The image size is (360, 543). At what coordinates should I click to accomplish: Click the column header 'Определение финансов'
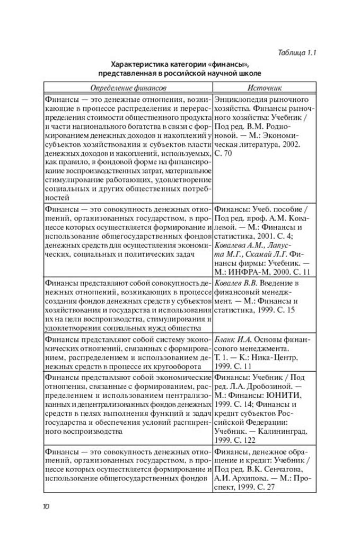[x=128, y=87]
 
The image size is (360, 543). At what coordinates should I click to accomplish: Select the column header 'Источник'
[x=264, y=87]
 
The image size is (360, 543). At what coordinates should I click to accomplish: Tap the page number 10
[x=46, y=506]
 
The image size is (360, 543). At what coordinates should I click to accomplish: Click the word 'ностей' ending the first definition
[x=56, y=198]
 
